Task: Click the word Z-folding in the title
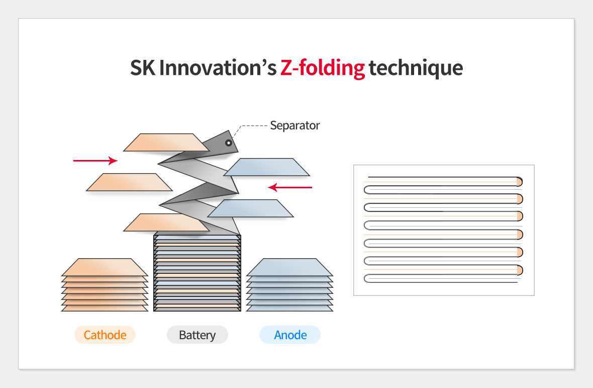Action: pos(322,68)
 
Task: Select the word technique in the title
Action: pos(416,68)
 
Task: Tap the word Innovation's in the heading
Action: pos(218,67)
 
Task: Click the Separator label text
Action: pos(295,125)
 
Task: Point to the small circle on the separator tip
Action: pos(229,143)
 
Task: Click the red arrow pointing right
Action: pos(95,161)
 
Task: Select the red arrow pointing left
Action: pos(289,187)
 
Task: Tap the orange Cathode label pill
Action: pos(105,335)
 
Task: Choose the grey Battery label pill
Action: pos(197,335)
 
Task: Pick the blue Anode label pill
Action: pos(290,335)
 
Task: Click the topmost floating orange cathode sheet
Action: pos(166,142)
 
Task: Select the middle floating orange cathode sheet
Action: pos(129,182)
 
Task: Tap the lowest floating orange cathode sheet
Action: pos(166,222)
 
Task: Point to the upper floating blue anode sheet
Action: pos(267,167)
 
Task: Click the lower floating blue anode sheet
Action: pos(250,208)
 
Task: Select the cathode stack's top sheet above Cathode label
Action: pos(105,267)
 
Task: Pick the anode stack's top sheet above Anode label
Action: pos(289,267)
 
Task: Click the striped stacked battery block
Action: pos(197,273)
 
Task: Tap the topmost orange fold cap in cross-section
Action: pos(520,182)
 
